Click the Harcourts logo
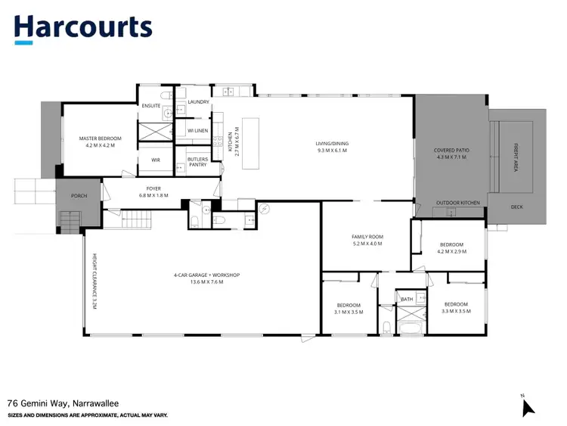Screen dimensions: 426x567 coord(83,28)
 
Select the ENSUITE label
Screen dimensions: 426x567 coord(151,106)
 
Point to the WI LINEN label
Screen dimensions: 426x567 coord(197,131)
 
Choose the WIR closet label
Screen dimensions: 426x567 coord(156,160)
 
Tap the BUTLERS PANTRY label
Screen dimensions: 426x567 coord(198,162)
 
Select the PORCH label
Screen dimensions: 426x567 coord(79,196)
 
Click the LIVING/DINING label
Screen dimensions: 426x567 coord(333,144)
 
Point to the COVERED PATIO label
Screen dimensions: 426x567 coord(450,151)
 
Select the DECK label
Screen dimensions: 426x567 coord(516,206)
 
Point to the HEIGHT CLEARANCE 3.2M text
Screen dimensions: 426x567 coord(94,280)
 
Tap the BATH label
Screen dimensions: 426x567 coord(407,300)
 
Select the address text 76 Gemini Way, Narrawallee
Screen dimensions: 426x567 coord(63,404)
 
